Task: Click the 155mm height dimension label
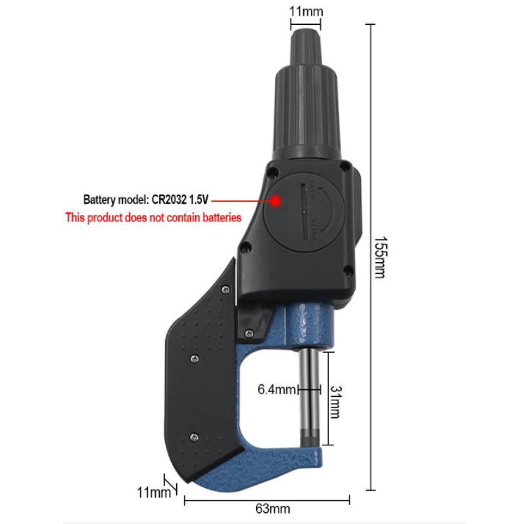point(380,257)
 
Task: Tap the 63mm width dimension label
point(272,509)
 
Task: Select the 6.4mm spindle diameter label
point(276,389)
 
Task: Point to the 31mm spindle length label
point(335,402)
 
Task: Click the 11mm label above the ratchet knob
point(306,11)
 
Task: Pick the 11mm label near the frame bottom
point(154,493)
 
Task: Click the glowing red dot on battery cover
point(276,201)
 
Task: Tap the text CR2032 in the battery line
point(169,200)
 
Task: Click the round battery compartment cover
point(304,212)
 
